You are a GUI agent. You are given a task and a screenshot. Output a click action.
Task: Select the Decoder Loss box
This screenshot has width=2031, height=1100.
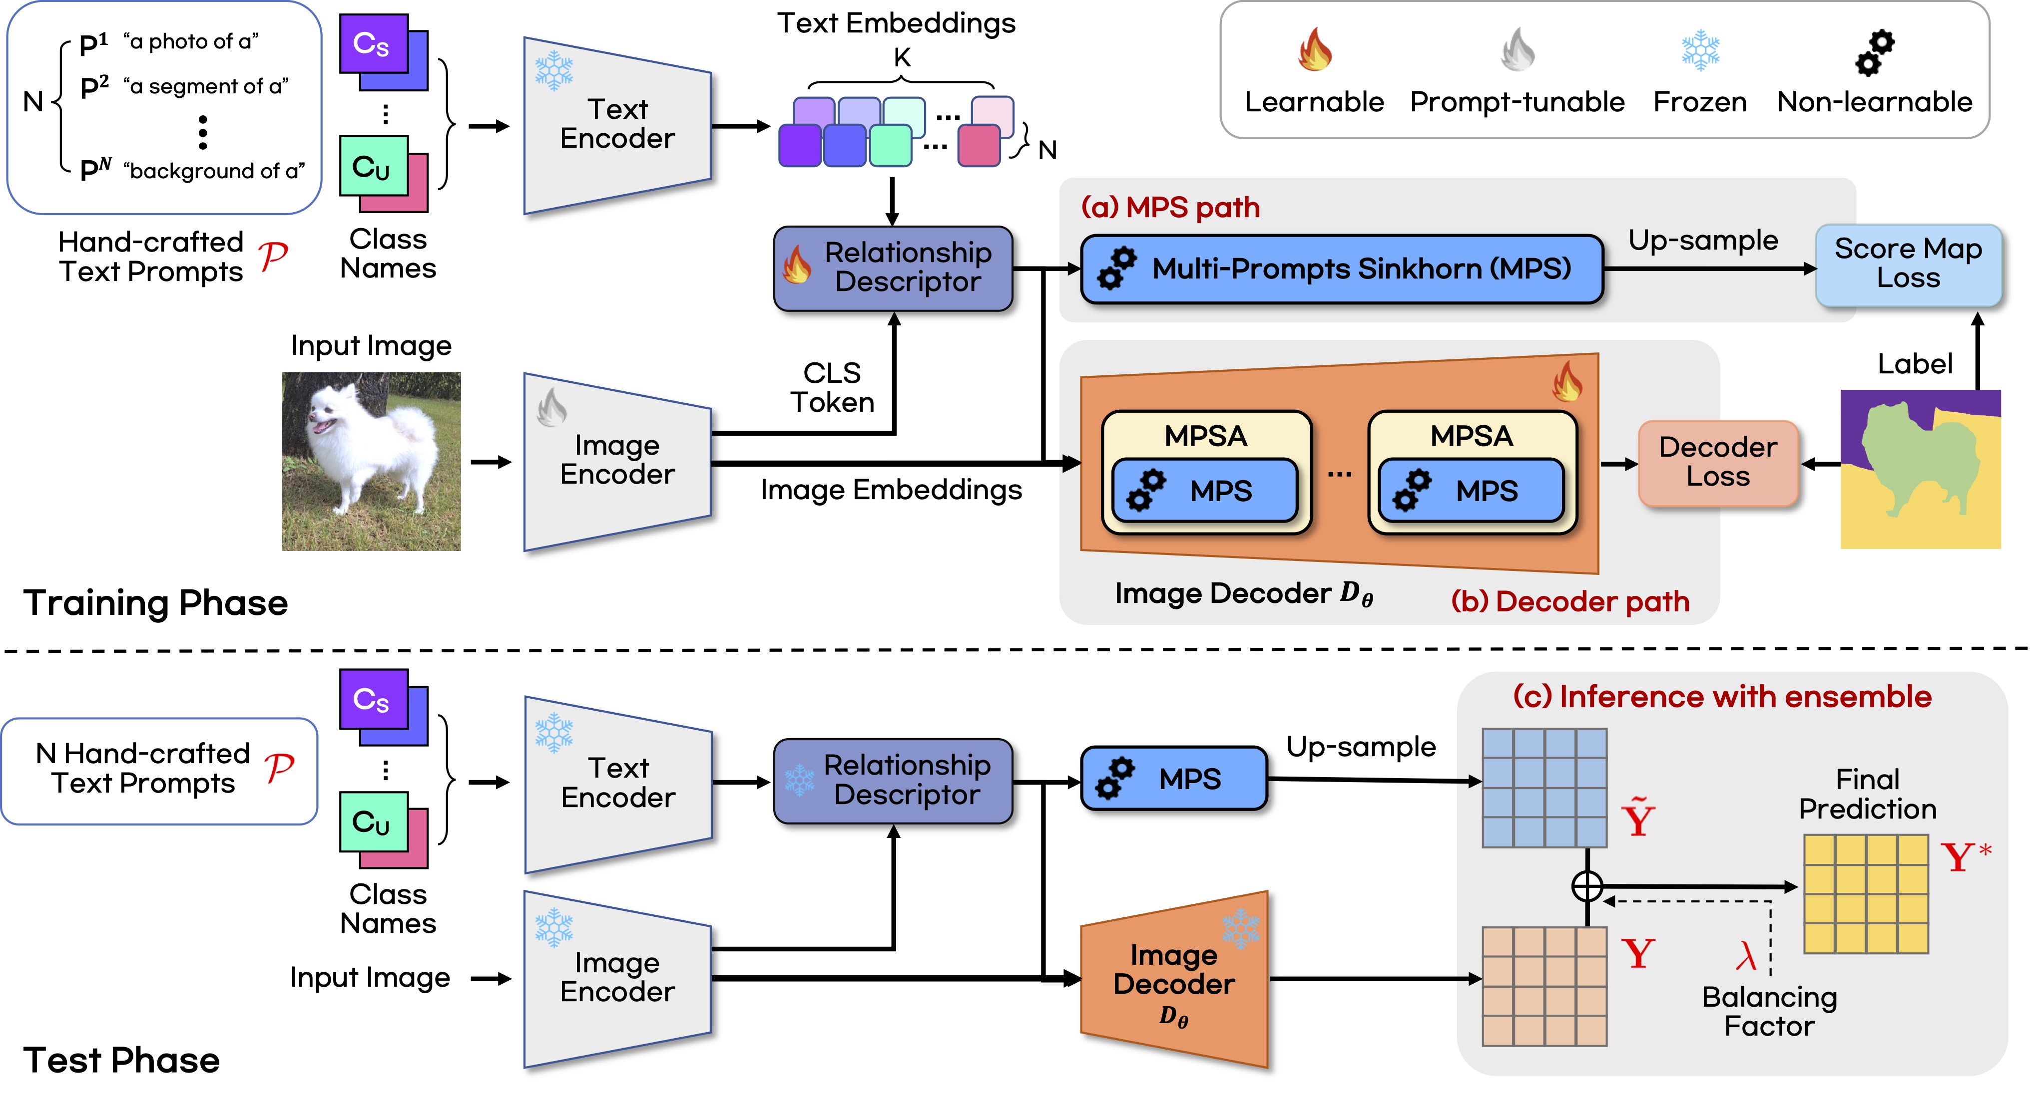1717,463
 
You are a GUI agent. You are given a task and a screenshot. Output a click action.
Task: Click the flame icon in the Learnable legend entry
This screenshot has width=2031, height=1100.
1314,49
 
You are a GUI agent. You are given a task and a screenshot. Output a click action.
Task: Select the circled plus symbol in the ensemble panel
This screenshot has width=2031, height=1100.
1586,886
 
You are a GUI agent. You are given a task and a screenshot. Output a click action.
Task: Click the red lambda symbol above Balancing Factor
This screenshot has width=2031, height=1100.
1746,956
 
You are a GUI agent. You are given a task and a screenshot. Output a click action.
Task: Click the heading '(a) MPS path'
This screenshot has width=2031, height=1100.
1170,207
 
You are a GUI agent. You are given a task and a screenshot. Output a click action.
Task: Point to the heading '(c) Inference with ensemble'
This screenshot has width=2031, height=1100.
1722,697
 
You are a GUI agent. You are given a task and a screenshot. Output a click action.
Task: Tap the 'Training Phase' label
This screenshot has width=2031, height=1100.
155,603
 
